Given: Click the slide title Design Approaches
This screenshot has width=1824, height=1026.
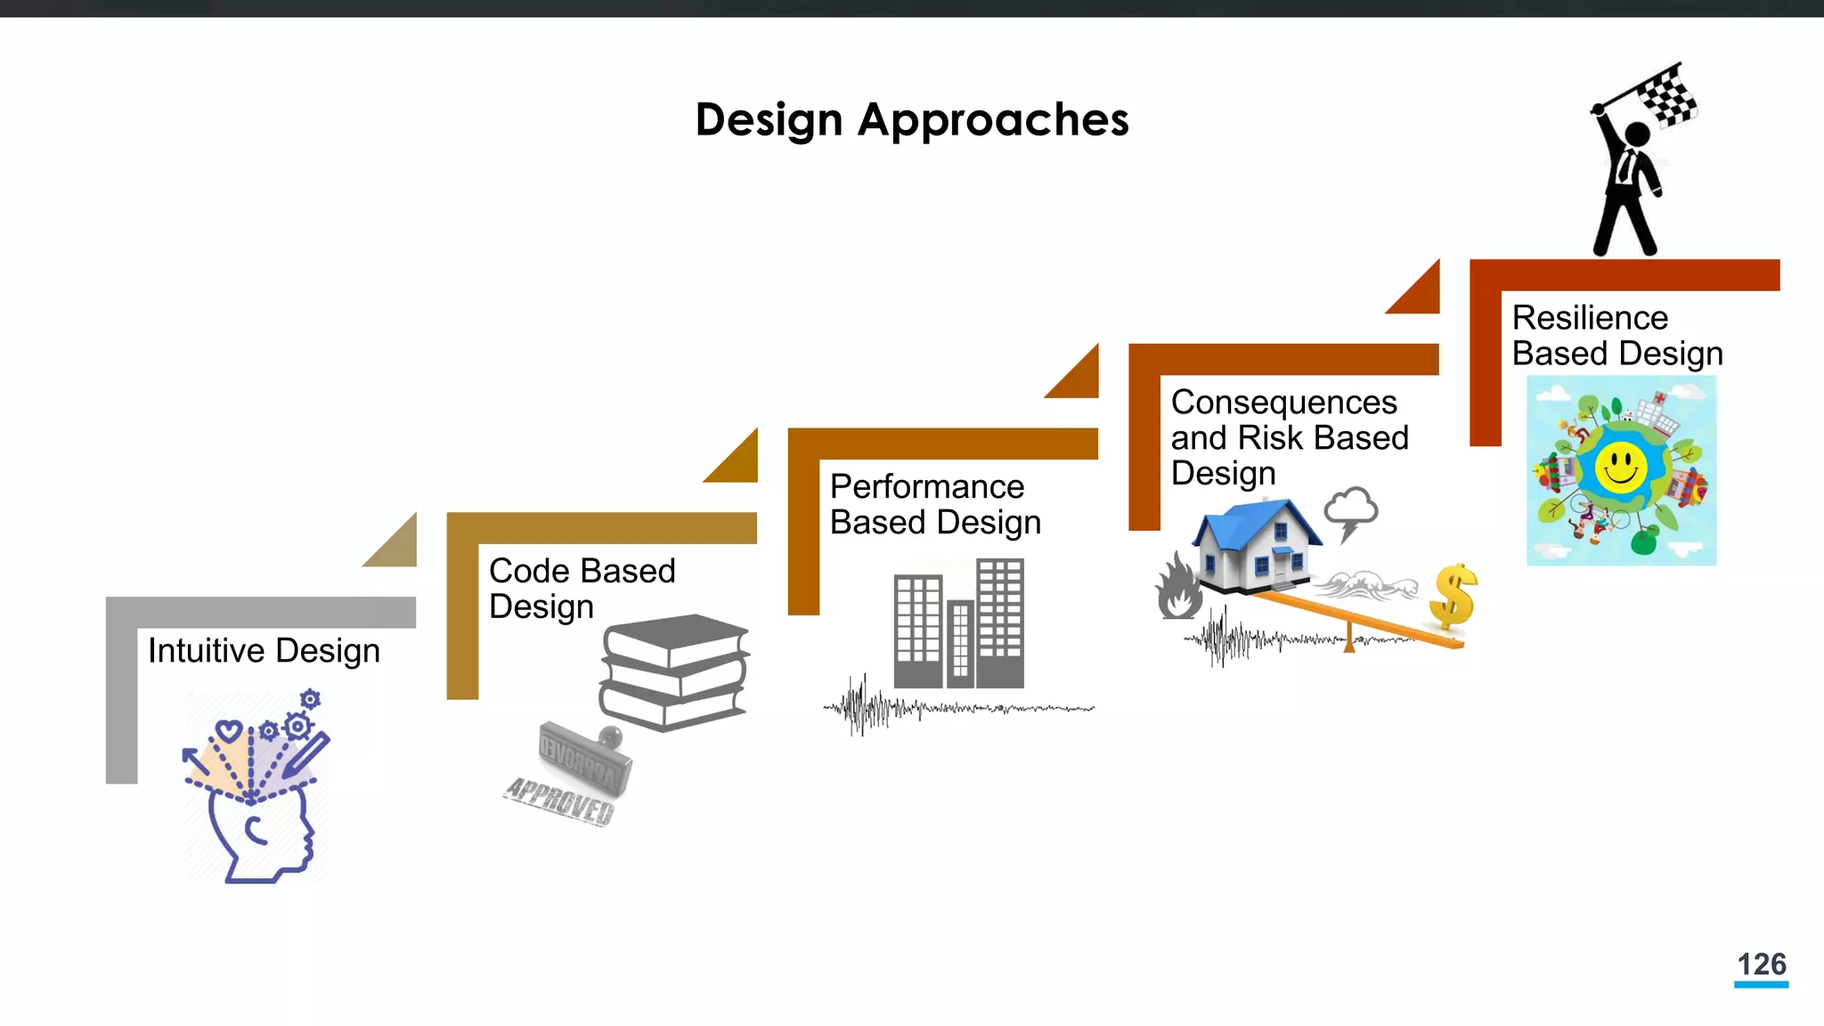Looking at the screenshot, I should point(911,119).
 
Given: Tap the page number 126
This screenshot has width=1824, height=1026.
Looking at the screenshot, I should point(1761,964).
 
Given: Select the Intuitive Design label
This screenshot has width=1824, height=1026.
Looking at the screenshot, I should point(264,651).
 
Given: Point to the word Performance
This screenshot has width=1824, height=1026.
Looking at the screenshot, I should point(926,487).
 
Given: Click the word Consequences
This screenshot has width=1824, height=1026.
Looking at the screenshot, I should point(1283,403).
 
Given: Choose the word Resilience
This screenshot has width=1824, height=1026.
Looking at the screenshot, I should point(1589,318).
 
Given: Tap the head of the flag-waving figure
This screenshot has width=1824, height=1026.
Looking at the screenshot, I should point(1637,134).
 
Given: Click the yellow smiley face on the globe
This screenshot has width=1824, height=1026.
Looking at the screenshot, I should point(1620,468).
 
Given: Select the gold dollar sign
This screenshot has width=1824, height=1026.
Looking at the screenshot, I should point(1453,596).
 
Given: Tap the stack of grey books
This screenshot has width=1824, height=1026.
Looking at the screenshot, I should point(674,672).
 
